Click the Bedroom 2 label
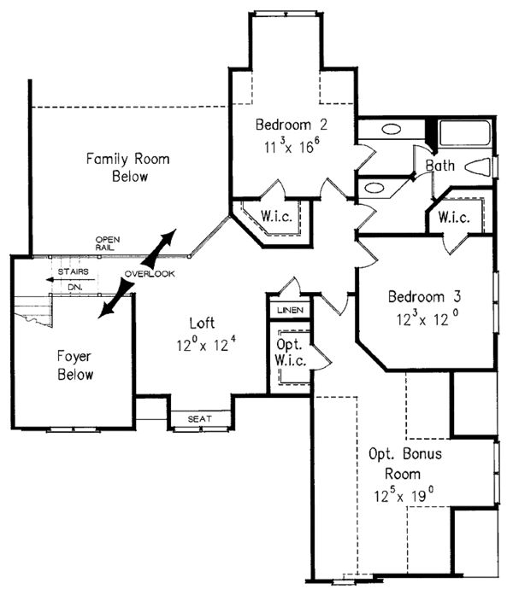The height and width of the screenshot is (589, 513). [291, 125]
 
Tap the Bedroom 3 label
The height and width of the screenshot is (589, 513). [424, 297]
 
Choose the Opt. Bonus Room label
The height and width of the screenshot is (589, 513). [404, 464]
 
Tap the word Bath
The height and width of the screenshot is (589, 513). [440, 166]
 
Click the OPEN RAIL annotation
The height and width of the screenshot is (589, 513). [107, 243]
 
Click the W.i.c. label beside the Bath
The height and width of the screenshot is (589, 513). [454, 218]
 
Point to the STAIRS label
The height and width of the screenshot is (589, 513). [68, 273]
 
